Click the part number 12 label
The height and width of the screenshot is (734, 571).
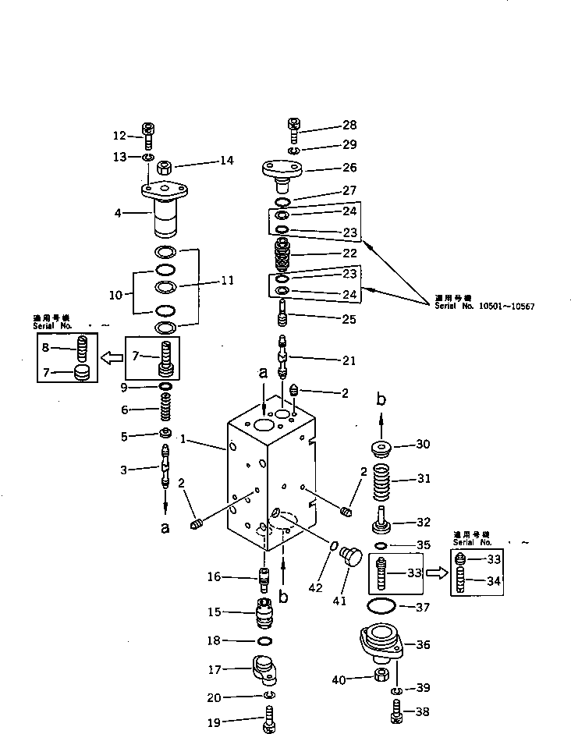pos(119,135)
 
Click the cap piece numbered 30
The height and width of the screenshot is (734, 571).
pos(382,449)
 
